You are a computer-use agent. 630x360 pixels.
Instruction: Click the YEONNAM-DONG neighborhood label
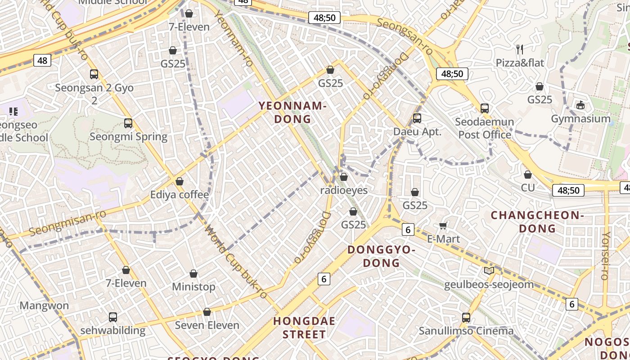292,112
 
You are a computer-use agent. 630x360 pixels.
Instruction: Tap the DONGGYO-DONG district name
381,256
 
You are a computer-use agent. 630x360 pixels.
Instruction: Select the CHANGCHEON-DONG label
537,222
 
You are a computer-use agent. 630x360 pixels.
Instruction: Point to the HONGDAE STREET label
305,328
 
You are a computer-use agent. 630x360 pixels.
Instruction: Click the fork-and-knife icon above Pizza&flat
520,49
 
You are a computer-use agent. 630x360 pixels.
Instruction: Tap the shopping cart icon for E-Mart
443,225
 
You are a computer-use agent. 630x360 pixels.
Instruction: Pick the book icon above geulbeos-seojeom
489,270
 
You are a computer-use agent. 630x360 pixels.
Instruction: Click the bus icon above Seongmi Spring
128,123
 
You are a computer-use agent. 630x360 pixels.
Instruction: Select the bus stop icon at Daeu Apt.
417,118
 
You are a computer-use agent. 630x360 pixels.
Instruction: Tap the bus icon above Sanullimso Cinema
466,317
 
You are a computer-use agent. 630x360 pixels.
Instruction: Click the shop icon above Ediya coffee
180,181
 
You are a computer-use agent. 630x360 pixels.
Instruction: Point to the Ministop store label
193,287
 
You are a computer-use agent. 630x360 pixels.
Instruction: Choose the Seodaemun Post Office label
485,128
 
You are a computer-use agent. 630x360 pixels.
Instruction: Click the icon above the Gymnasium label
580,105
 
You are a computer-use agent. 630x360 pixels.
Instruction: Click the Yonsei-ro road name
606,256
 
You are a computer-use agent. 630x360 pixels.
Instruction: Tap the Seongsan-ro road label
405,36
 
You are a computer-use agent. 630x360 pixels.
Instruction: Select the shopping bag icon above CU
528,175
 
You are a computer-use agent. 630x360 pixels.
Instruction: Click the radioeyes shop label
344,190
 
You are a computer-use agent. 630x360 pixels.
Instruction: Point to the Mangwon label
44,306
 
